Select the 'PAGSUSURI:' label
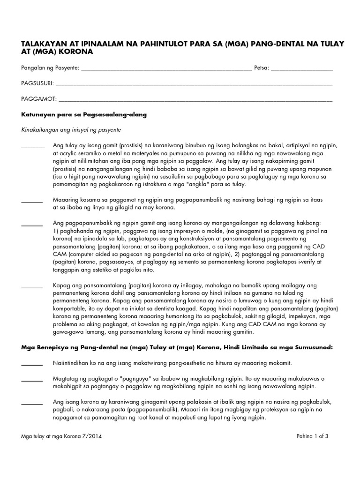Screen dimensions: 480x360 37,84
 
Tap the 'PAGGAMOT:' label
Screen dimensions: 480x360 39,99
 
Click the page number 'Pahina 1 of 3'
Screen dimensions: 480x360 312,436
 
